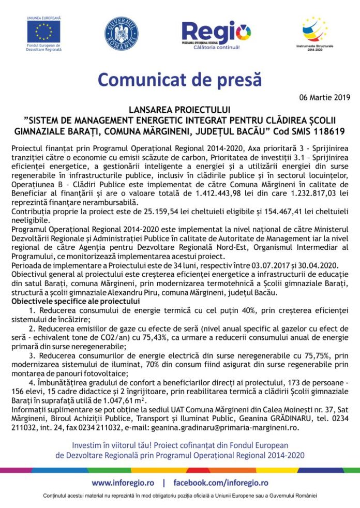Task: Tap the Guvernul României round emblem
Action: (121, 34)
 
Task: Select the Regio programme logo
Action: (216, 34)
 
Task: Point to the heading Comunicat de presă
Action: (179, 80)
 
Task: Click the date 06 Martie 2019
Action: (325, 97)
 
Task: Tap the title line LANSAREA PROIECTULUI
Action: (180, 110)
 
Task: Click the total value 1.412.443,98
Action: (229, 193)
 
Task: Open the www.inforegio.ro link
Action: (123, 483)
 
